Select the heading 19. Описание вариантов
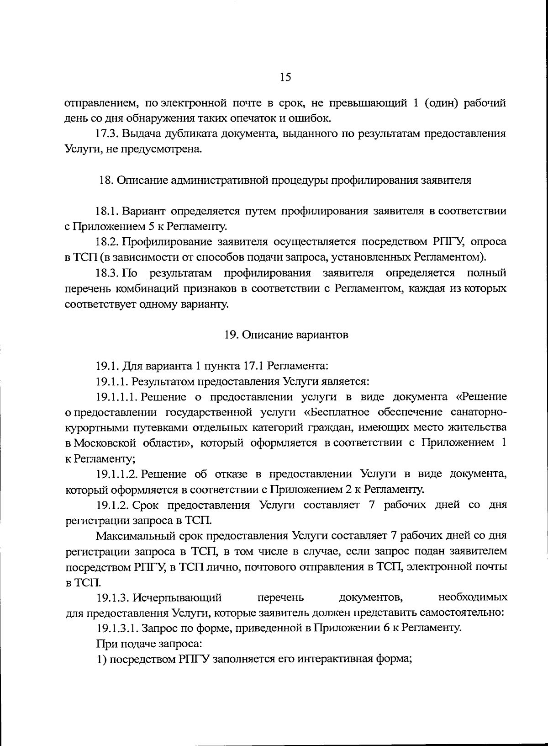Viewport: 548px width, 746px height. [x=286, y=335]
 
